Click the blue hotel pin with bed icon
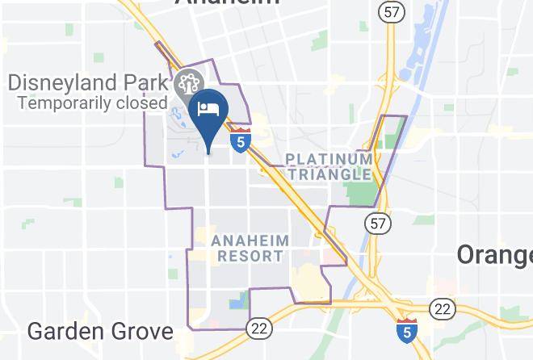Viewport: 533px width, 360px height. click(208, 114)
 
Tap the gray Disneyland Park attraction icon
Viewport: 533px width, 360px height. click(185, 83)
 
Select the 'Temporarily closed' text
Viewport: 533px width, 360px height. click(92, 103)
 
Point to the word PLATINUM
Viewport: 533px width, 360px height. click(329, 159)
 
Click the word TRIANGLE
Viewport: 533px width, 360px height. click(332, 174)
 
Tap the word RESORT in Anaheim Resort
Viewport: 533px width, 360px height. click(250, 256)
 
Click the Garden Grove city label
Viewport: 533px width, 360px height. click(100, 331)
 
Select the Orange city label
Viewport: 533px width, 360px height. click(494, 255)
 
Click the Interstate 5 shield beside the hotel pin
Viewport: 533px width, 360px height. click(239, 140)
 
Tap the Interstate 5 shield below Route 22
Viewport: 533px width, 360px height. click(407, 331)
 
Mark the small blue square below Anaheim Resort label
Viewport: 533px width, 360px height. click(237, 303)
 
